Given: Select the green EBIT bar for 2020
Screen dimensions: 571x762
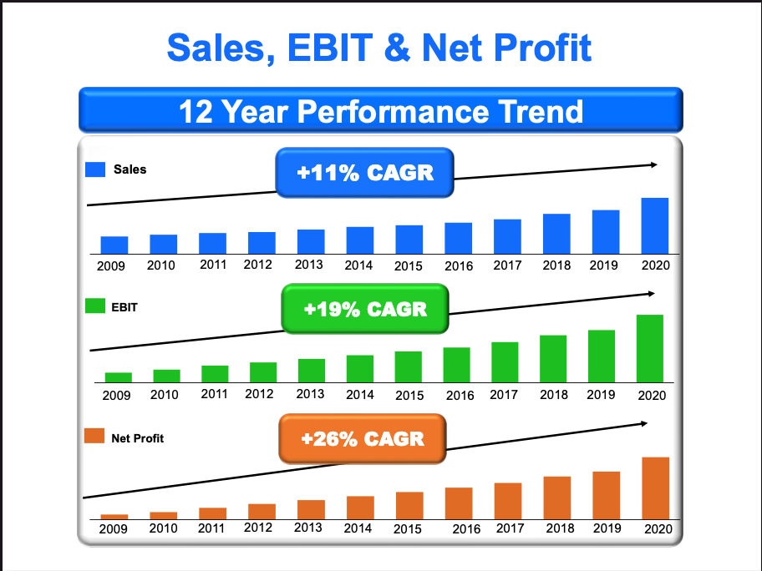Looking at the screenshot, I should click(x=650, y=348).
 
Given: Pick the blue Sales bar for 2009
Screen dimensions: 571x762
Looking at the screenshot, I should click(x=114, y=245).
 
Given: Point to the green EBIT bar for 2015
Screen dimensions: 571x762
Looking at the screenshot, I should click(x=409, y=366).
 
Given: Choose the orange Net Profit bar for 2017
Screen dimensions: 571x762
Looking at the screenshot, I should click(x=508, y=500).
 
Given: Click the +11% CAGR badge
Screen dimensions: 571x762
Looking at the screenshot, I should click(x=365, y=174).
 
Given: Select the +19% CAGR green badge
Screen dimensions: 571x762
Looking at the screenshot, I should click(x=365, y=310).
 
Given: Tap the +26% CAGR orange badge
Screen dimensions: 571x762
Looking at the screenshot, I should click(x=363, y=438).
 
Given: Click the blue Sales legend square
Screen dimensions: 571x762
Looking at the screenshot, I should click(x=96, y=169).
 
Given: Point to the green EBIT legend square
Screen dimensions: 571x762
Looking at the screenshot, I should click(x=95, y=306).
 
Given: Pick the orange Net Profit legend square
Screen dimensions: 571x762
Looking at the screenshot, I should click(x=95, y=437).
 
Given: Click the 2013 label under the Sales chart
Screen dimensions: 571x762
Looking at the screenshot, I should click(x=309, y=265).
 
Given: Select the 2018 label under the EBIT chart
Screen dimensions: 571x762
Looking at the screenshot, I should click(x=553, y=395).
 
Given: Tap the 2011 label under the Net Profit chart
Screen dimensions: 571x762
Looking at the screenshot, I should click(x=211, y=528).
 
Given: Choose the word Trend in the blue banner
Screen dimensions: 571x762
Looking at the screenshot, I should click(x=536, y=111).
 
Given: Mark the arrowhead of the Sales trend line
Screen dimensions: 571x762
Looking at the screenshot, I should click(x=654, y=164).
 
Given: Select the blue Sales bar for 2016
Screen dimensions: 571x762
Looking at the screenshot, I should click(x=458, y=238).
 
